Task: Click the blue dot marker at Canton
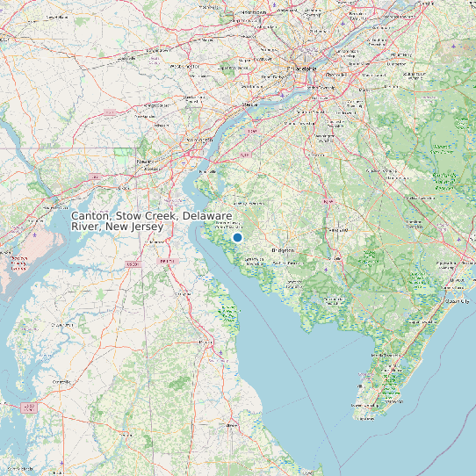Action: pos(237,237)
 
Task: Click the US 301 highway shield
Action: pos(133,263)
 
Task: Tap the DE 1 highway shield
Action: pos(166,261)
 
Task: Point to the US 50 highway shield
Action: pos(29,407)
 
